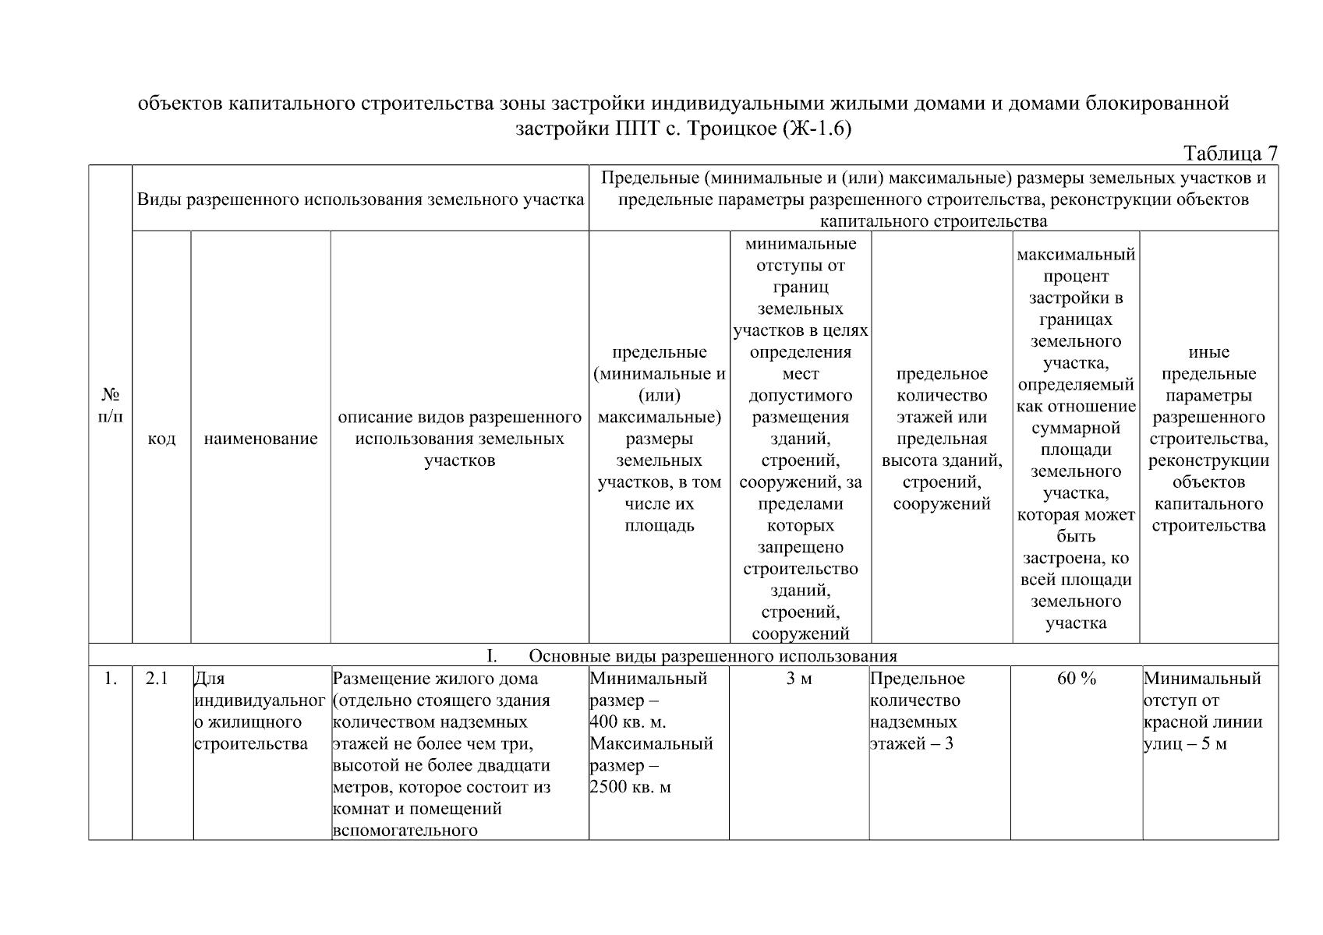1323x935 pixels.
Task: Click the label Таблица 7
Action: pos(1230,153)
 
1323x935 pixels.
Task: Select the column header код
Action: pos(161,439)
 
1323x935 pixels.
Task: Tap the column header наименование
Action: pos(260,439)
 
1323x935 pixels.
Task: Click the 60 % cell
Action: pos(1076,679)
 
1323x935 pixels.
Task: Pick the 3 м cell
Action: pos(799,679)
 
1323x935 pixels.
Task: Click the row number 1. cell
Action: pos(110,679)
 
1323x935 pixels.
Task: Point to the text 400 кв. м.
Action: pos(628,722)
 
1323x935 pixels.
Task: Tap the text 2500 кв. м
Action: pos(631,787)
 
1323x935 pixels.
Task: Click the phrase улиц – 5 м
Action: pos(1185,743)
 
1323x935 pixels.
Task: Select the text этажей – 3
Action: pos(911,743)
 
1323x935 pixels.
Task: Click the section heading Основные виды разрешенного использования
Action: pos(713,655)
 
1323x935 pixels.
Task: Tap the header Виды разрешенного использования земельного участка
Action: pos(360,199)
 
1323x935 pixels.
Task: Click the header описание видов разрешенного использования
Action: pos(459,428)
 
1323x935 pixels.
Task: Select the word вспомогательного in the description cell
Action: pos(405,830)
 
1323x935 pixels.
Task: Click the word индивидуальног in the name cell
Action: pos(259,700)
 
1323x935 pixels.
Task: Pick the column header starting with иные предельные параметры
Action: pos(1208,439)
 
